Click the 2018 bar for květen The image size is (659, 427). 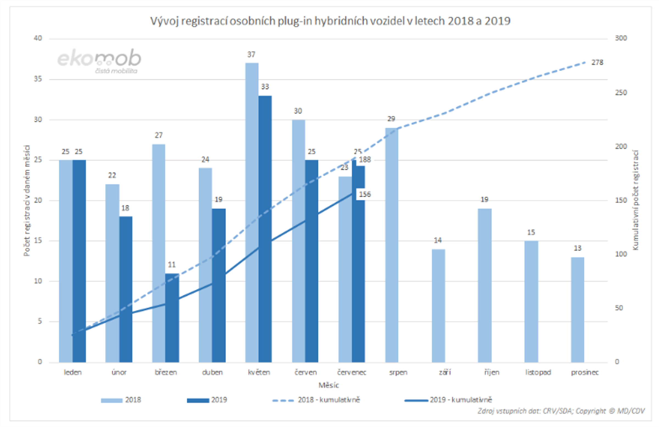tap(252, 213)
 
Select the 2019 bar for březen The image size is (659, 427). tap(172, 318)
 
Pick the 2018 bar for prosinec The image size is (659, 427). tap(577, 310)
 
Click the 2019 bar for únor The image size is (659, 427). tap(126, 289)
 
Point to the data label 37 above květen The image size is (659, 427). tap(251, 55)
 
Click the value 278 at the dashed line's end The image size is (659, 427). tap(597, 63)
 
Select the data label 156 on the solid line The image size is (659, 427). tap(365, 194)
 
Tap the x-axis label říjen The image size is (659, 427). tap(492, 372)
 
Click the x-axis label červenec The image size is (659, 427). tap(352, 372)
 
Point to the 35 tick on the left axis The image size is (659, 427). tap(38, 79)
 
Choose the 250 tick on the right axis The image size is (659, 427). tap(621, 93)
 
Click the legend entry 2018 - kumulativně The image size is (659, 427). tap(328, 400)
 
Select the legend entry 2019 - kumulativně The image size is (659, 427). tap(460, 400)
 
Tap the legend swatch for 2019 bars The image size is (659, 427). tap(198, 400)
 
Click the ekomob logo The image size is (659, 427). tap(99, 61)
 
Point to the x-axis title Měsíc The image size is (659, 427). tap(328, 385)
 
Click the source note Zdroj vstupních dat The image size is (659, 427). tap(561, 411)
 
